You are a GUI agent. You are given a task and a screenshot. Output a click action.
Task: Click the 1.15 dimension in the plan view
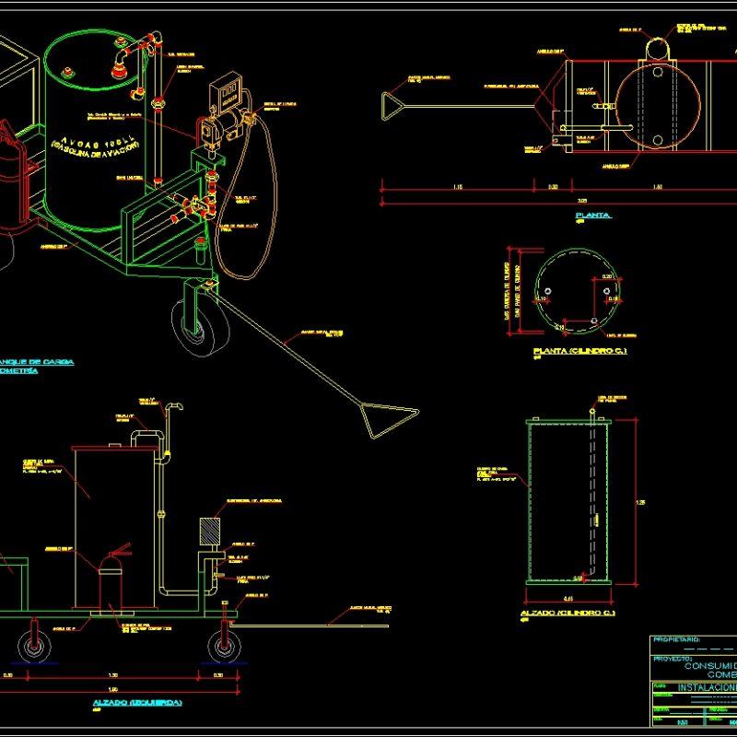pos(458,187)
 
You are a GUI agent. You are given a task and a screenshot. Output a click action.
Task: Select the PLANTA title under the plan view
pos(592,215)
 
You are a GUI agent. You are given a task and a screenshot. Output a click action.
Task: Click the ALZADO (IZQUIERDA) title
pos(137,703)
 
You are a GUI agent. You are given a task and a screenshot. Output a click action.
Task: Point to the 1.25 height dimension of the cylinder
pos(641,502)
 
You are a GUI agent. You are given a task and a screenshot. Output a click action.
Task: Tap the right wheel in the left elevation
pos(224,646)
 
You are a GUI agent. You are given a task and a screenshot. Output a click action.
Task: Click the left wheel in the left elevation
pos(35,646)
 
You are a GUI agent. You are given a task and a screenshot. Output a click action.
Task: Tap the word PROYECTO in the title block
pos(673,659)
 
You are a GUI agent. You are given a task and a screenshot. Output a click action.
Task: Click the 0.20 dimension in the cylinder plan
pos(606,276)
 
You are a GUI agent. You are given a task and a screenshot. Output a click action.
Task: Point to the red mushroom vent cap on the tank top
pos(120,62)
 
